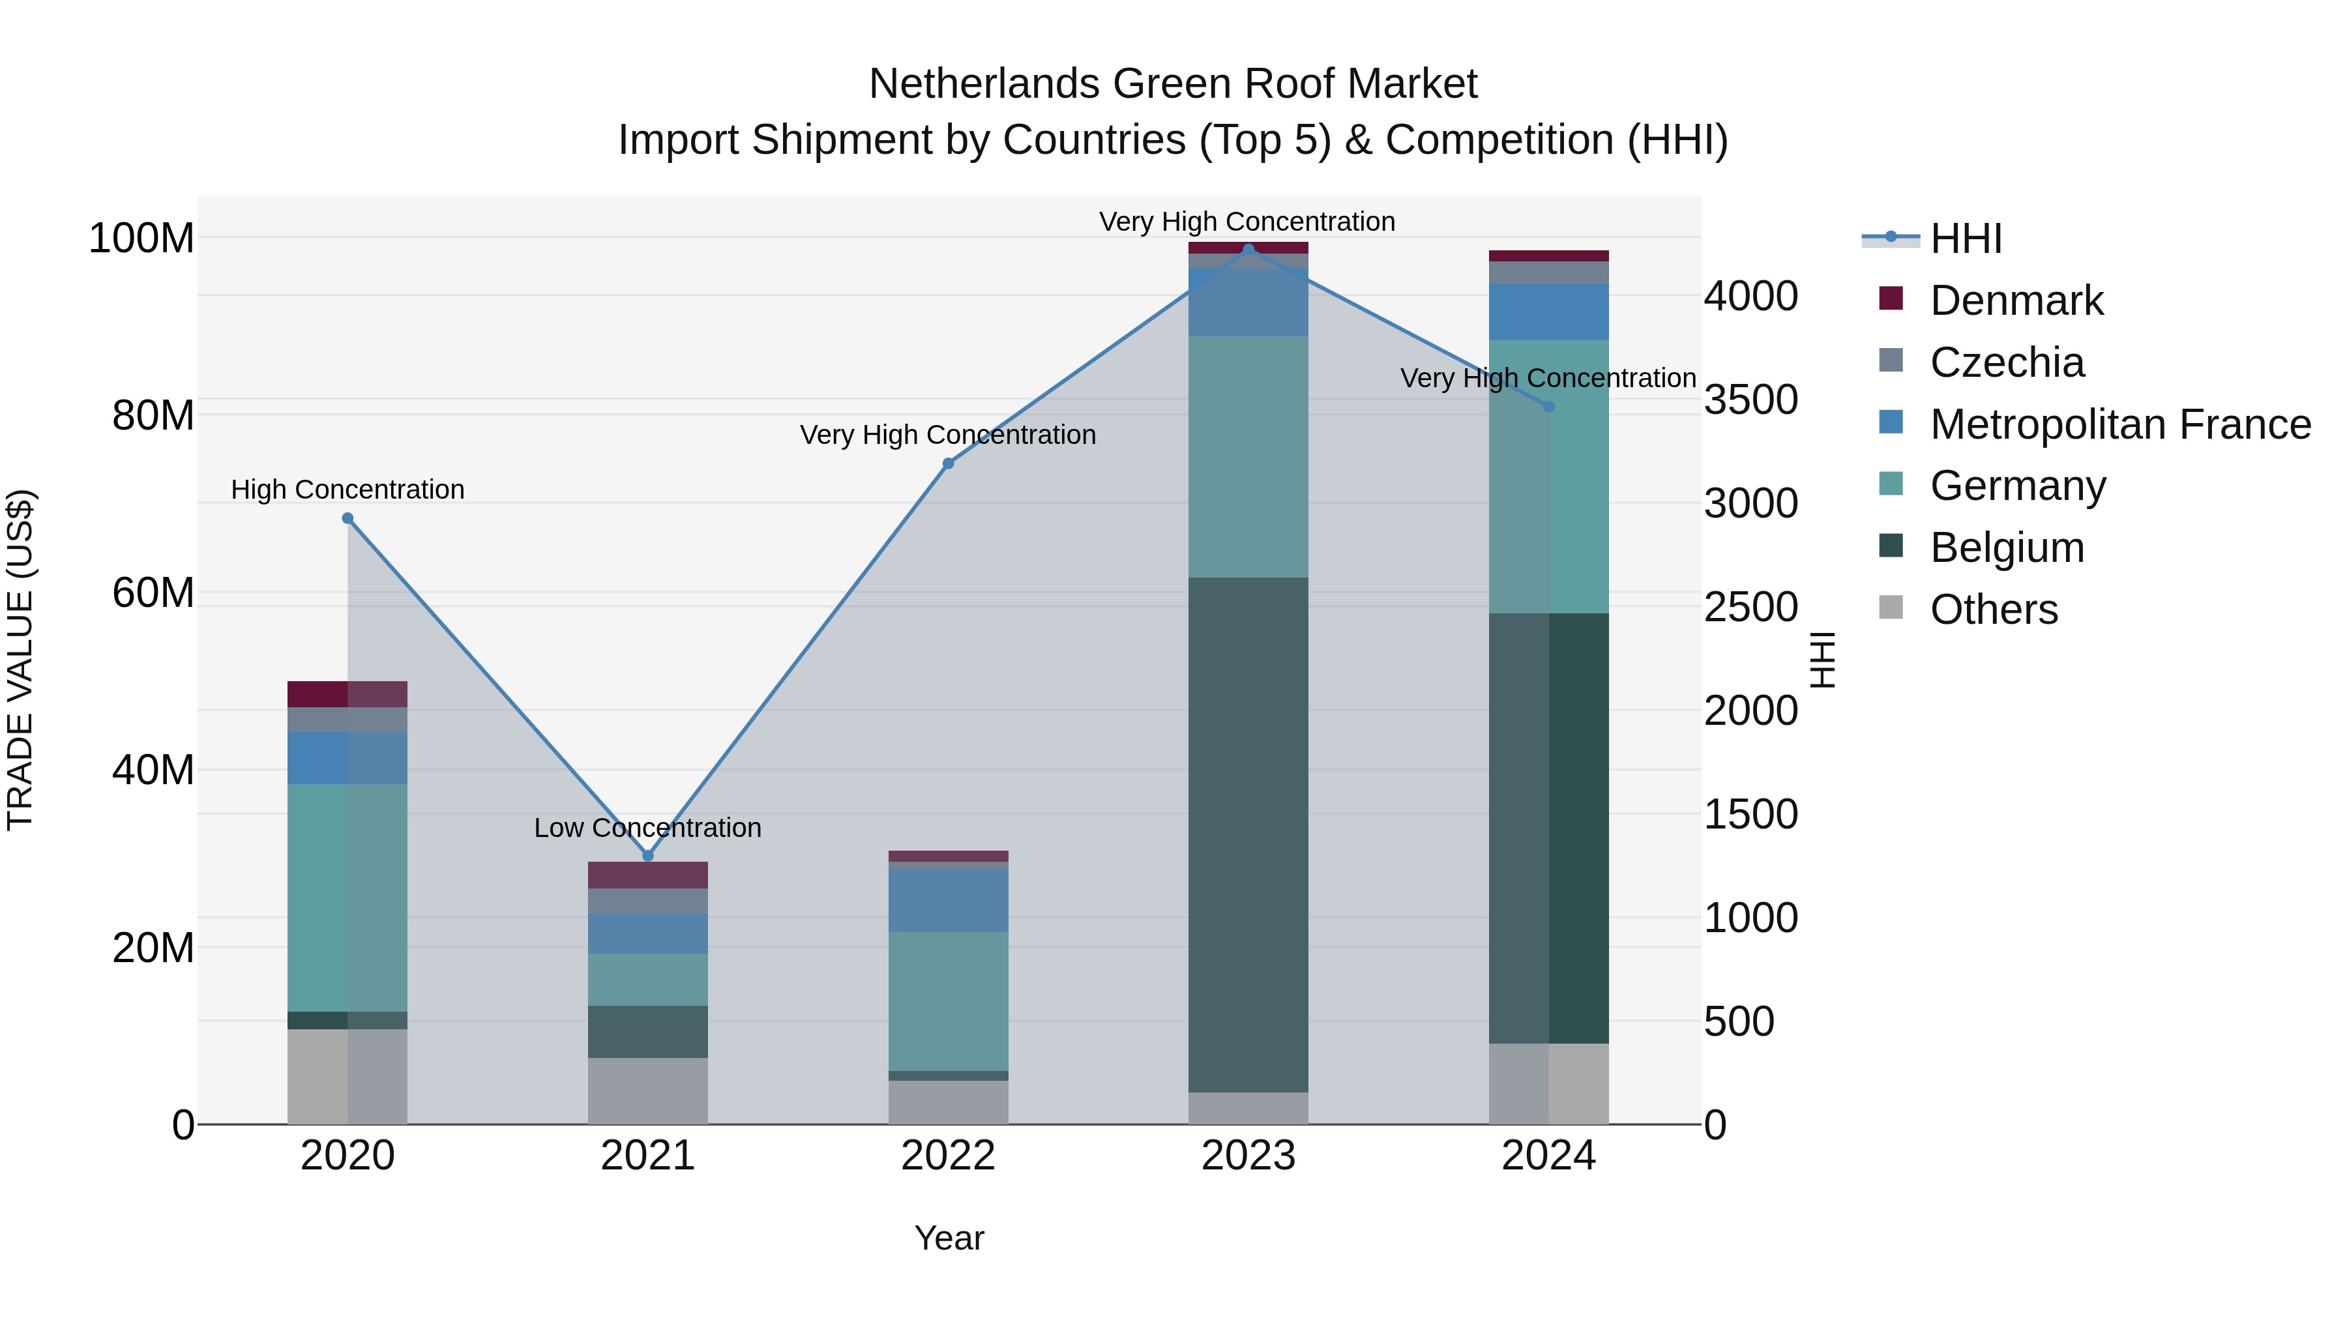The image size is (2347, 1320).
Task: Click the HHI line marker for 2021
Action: coord(648,855)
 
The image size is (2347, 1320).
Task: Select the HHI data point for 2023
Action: coord(1248,249)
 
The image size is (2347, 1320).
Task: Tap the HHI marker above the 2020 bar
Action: coord(347,518)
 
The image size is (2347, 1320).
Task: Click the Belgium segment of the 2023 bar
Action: coord(1248,834)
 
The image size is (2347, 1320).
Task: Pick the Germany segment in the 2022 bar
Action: coord(947,1000)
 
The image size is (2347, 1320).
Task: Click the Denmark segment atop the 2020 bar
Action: coord(347,694)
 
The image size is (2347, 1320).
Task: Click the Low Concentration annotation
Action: coord(648,828)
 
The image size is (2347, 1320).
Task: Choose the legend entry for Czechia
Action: coord(2005,362)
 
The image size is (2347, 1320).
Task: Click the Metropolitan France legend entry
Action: coord(2119,424)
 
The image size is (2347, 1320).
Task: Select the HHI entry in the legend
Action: coord(1965,239)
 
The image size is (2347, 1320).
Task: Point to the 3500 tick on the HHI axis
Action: coord(1750,400)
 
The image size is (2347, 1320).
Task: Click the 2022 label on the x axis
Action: coord(947,1156)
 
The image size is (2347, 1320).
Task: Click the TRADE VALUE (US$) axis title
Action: coord(21,660)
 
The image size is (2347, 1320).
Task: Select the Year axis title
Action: coord(949,1238)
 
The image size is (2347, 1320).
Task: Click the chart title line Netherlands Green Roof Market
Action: coord(1173,84)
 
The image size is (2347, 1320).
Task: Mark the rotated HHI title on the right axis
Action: coord(1822,660)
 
